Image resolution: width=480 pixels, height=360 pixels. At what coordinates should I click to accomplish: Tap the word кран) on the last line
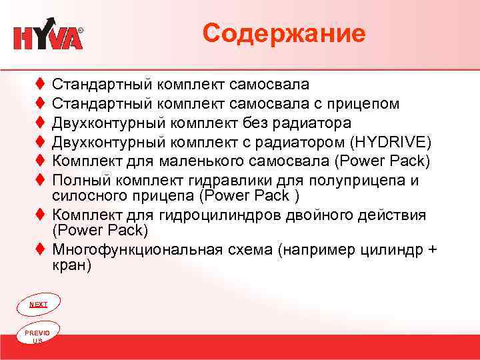[x=71, y=265]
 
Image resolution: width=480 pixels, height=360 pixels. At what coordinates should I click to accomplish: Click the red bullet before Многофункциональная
[x=41, y=250]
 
